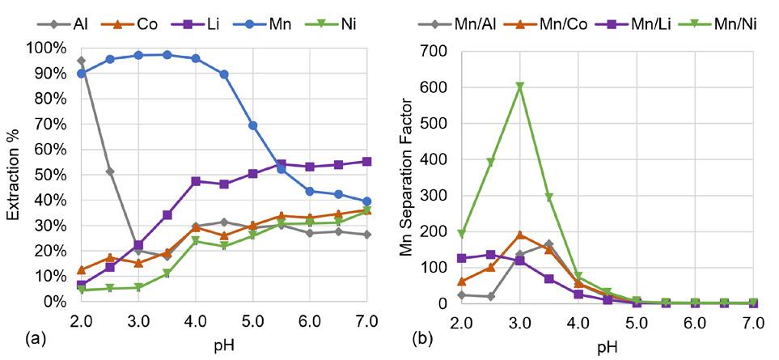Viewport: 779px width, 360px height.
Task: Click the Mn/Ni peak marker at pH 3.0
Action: (x=520, y=87)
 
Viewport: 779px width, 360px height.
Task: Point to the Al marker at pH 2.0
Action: (x=81, y=61)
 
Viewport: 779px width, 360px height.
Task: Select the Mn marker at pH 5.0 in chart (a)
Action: (x=253, y=125)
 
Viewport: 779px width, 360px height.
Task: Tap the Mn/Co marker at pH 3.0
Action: (x=520, y=235)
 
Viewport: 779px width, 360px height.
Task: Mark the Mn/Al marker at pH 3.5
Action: (x=549, y=244)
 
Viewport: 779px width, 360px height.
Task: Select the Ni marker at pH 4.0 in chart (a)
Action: (x=196, y=241)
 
